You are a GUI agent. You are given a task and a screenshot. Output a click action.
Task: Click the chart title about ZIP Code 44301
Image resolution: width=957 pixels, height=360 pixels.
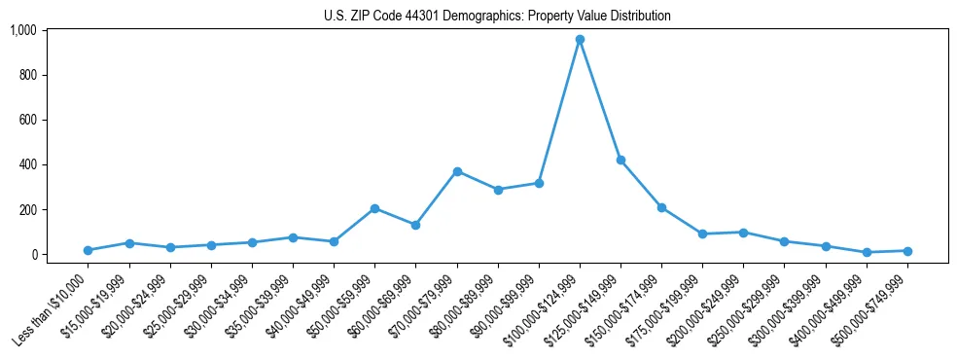pos(497,17)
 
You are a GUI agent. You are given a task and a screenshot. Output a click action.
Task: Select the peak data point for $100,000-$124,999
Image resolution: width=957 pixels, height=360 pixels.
pos(580,40)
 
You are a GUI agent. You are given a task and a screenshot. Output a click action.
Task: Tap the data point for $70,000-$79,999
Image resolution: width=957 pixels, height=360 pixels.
pos(457,171)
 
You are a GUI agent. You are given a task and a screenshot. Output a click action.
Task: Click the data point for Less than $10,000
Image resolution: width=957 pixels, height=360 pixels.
pos(89,250)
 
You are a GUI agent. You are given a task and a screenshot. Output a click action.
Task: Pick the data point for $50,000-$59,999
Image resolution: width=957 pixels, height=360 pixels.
pos(374,208)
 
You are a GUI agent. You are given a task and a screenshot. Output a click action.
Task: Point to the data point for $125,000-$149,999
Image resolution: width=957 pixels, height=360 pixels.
pos(620,160)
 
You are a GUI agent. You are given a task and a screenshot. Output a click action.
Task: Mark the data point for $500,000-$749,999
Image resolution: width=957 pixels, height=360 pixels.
pos(907,251)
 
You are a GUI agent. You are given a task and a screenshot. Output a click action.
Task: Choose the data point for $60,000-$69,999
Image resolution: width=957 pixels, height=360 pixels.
pos(415,225)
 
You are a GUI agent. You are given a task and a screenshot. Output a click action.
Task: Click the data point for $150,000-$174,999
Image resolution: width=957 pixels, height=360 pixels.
pos(661,207)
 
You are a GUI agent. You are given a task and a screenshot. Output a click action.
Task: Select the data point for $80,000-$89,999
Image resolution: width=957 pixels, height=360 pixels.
pos(498,190)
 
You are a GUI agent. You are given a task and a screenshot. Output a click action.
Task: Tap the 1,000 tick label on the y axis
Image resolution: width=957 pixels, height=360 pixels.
pos(23,30)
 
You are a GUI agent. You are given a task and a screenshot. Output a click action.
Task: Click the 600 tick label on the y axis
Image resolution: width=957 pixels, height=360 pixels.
pos(28,120)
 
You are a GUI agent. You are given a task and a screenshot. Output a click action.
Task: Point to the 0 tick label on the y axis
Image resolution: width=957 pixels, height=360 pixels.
pos(34,254)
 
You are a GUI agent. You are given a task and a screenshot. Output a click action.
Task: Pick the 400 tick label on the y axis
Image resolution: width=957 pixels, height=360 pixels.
pos(28,164)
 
